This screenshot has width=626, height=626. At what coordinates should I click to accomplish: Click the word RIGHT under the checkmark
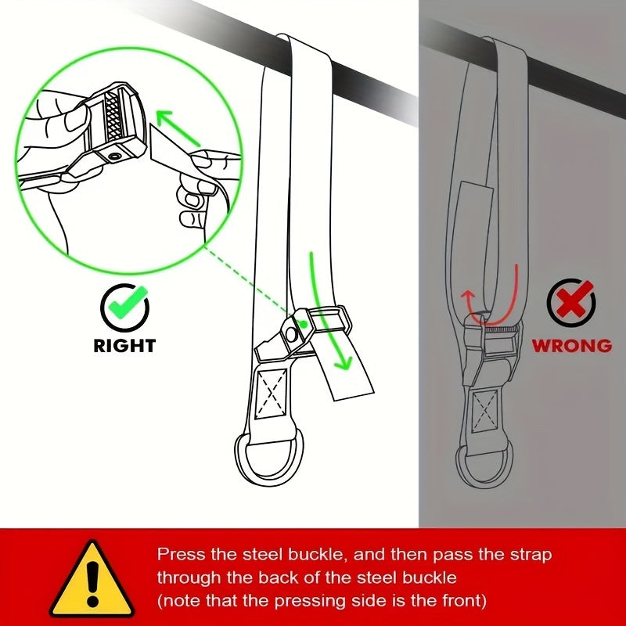coord(124,345)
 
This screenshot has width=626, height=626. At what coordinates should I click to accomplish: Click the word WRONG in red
coord(572,345)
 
